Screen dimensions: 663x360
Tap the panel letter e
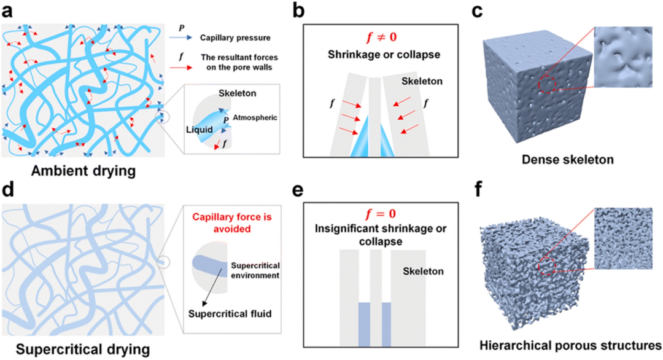point(298,190)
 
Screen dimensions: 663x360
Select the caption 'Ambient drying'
point(83,171)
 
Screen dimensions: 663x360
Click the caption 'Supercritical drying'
point(83,350)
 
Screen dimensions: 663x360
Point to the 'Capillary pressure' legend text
point(235,37)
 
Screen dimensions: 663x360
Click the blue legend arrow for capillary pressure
point(180,37)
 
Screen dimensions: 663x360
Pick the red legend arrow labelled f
point(180,68)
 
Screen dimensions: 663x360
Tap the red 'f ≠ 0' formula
point(381,37)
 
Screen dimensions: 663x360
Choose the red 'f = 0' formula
point(381,214)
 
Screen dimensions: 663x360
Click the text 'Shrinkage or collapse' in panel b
point(384,55)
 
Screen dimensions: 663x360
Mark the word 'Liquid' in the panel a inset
point(199,130)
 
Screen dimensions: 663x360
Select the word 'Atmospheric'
point(255,117)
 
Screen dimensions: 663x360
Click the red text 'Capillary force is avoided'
point(232,223)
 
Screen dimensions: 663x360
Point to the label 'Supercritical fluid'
point(230,314)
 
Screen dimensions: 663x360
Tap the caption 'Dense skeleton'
point(567,160)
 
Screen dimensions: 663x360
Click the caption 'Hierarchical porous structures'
point(570,346)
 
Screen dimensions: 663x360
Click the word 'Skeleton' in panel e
point(423,271)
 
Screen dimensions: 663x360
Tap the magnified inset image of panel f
point(623,238)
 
